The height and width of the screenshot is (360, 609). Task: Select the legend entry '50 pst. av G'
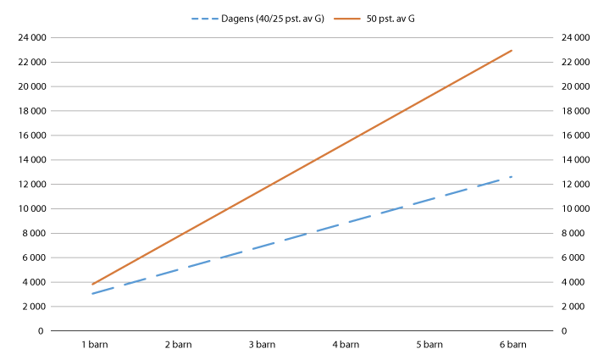389,19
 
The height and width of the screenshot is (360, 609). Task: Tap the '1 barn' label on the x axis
94,345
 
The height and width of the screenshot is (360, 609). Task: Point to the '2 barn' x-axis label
178,345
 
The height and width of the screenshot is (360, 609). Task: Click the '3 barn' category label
262,345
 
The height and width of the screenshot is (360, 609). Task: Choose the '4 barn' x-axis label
346,345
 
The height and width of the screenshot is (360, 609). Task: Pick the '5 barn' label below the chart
429,345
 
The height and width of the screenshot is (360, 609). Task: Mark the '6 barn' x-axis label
512,345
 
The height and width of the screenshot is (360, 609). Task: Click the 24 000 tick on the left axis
29,37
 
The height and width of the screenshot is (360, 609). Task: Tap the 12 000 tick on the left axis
29,184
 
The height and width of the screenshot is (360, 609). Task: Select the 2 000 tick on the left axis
31,307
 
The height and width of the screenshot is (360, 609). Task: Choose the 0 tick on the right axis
560,331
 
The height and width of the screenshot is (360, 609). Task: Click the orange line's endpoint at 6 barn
512,51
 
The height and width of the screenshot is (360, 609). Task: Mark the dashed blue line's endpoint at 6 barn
512,176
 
